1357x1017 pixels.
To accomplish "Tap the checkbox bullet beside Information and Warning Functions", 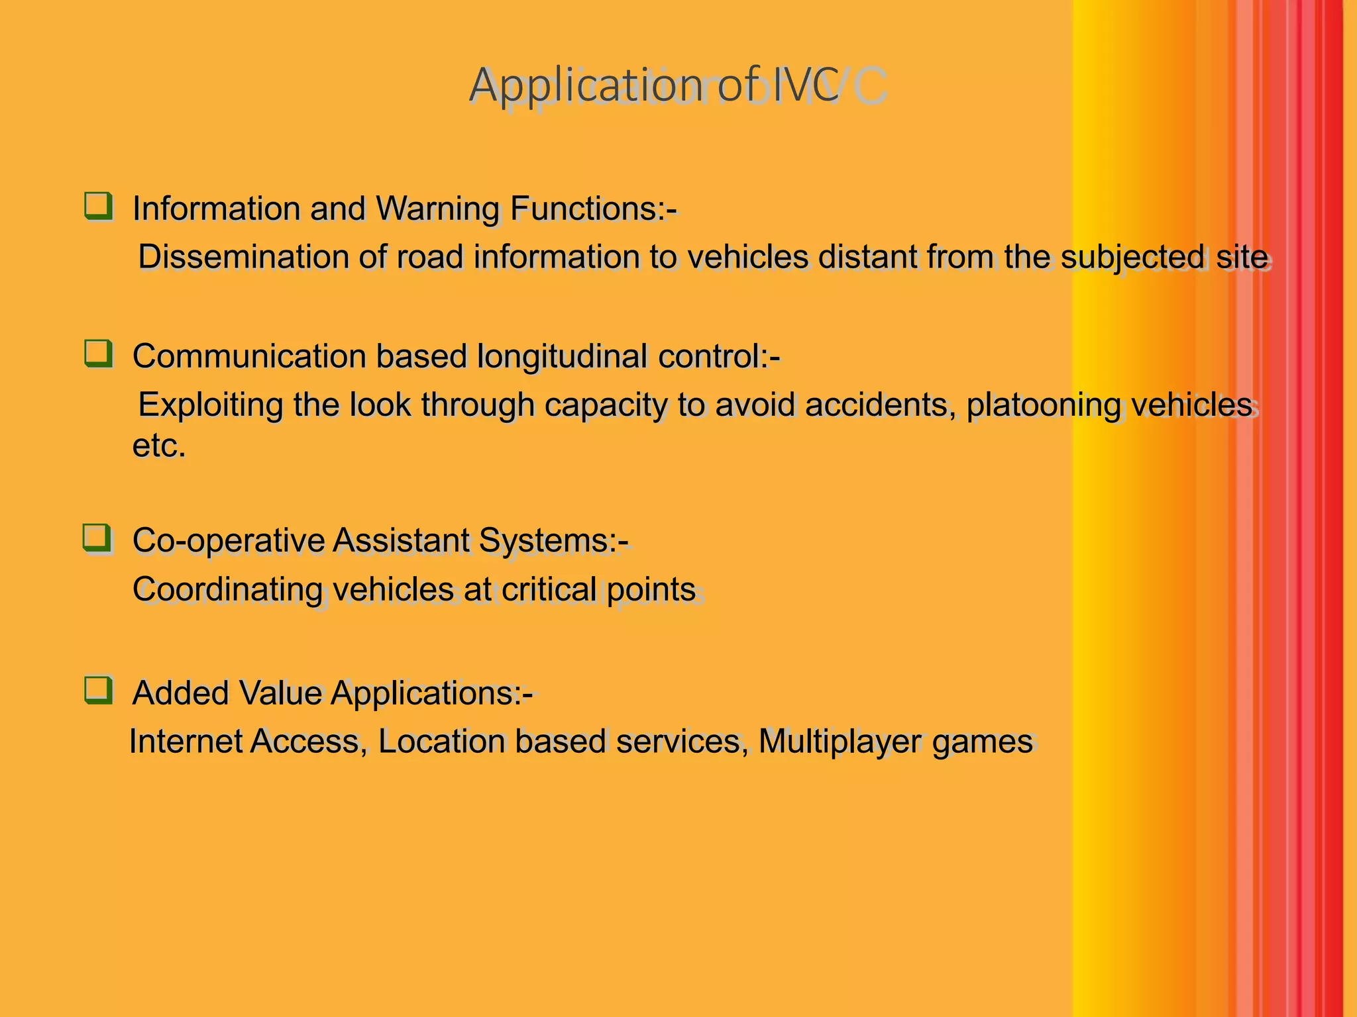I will pos(98,206).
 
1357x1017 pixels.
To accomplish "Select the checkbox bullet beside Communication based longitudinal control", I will pos(98,354).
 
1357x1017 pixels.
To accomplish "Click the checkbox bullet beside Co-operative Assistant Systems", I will pos(97,538).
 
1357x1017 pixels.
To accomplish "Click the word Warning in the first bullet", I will pos(437,209).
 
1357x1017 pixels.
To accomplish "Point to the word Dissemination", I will pos(243,257).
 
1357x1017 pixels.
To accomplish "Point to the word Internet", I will pos(186,742).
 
